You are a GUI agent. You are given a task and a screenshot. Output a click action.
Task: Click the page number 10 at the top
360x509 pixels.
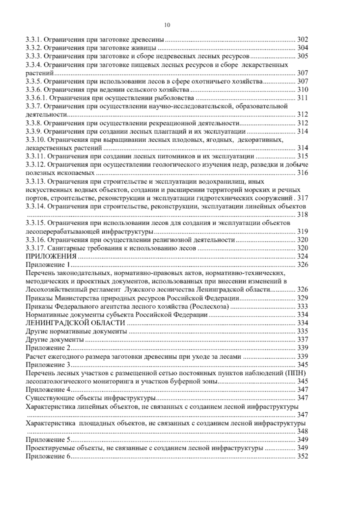click(167, 26)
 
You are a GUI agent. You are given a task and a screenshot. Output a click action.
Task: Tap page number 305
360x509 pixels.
click(302, 56)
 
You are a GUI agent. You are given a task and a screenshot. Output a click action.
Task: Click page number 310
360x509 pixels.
click(302, 89)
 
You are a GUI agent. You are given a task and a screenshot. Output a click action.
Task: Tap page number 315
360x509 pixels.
click(302, 156)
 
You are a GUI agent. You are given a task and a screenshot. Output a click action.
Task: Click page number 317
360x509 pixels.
click(302, 198)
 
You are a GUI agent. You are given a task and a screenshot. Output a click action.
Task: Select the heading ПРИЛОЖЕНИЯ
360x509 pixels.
click(51, 256)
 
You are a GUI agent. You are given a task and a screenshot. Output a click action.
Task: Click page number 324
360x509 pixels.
click(302, 256)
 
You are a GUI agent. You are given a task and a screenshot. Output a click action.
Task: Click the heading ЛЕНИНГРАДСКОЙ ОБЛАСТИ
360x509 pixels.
click(75, 323)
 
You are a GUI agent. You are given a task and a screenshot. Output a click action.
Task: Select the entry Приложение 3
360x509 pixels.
click(48, 365)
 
